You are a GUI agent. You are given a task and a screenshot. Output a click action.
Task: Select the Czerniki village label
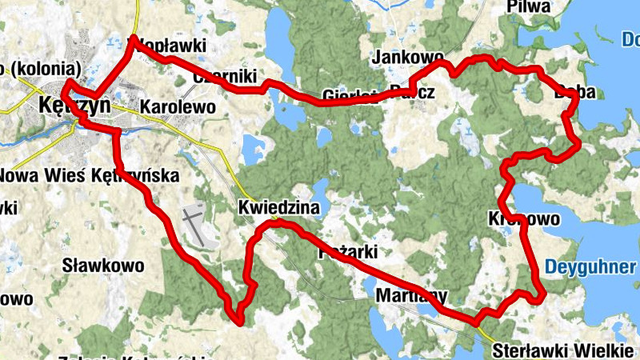225,76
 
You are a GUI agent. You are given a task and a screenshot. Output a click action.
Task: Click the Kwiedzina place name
278,208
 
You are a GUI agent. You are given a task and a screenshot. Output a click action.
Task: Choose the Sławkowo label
103,265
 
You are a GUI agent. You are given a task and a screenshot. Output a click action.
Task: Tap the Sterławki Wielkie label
563,350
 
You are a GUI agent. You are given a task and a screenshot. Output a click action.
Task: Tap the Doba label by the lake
574,93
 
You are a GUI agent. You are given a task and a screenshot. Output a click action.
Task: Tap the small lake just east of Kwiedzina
319,190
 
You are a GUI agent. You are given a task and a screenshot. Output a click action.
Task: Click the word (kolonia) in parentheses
45,67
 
